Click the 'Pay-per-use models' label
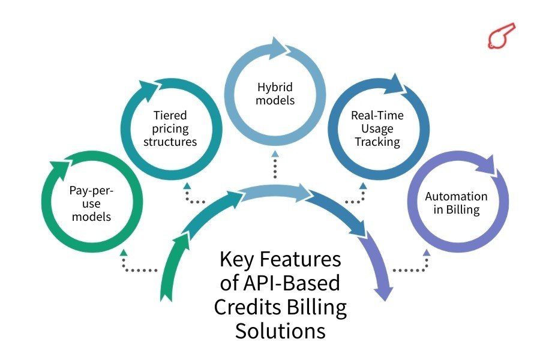(x=91, y=204)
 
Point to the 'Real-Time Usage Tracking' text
(x=376, y=128)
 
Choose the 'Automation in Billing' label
(x=456, y=203)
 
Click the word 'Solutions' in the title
(x=280, y=331)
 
